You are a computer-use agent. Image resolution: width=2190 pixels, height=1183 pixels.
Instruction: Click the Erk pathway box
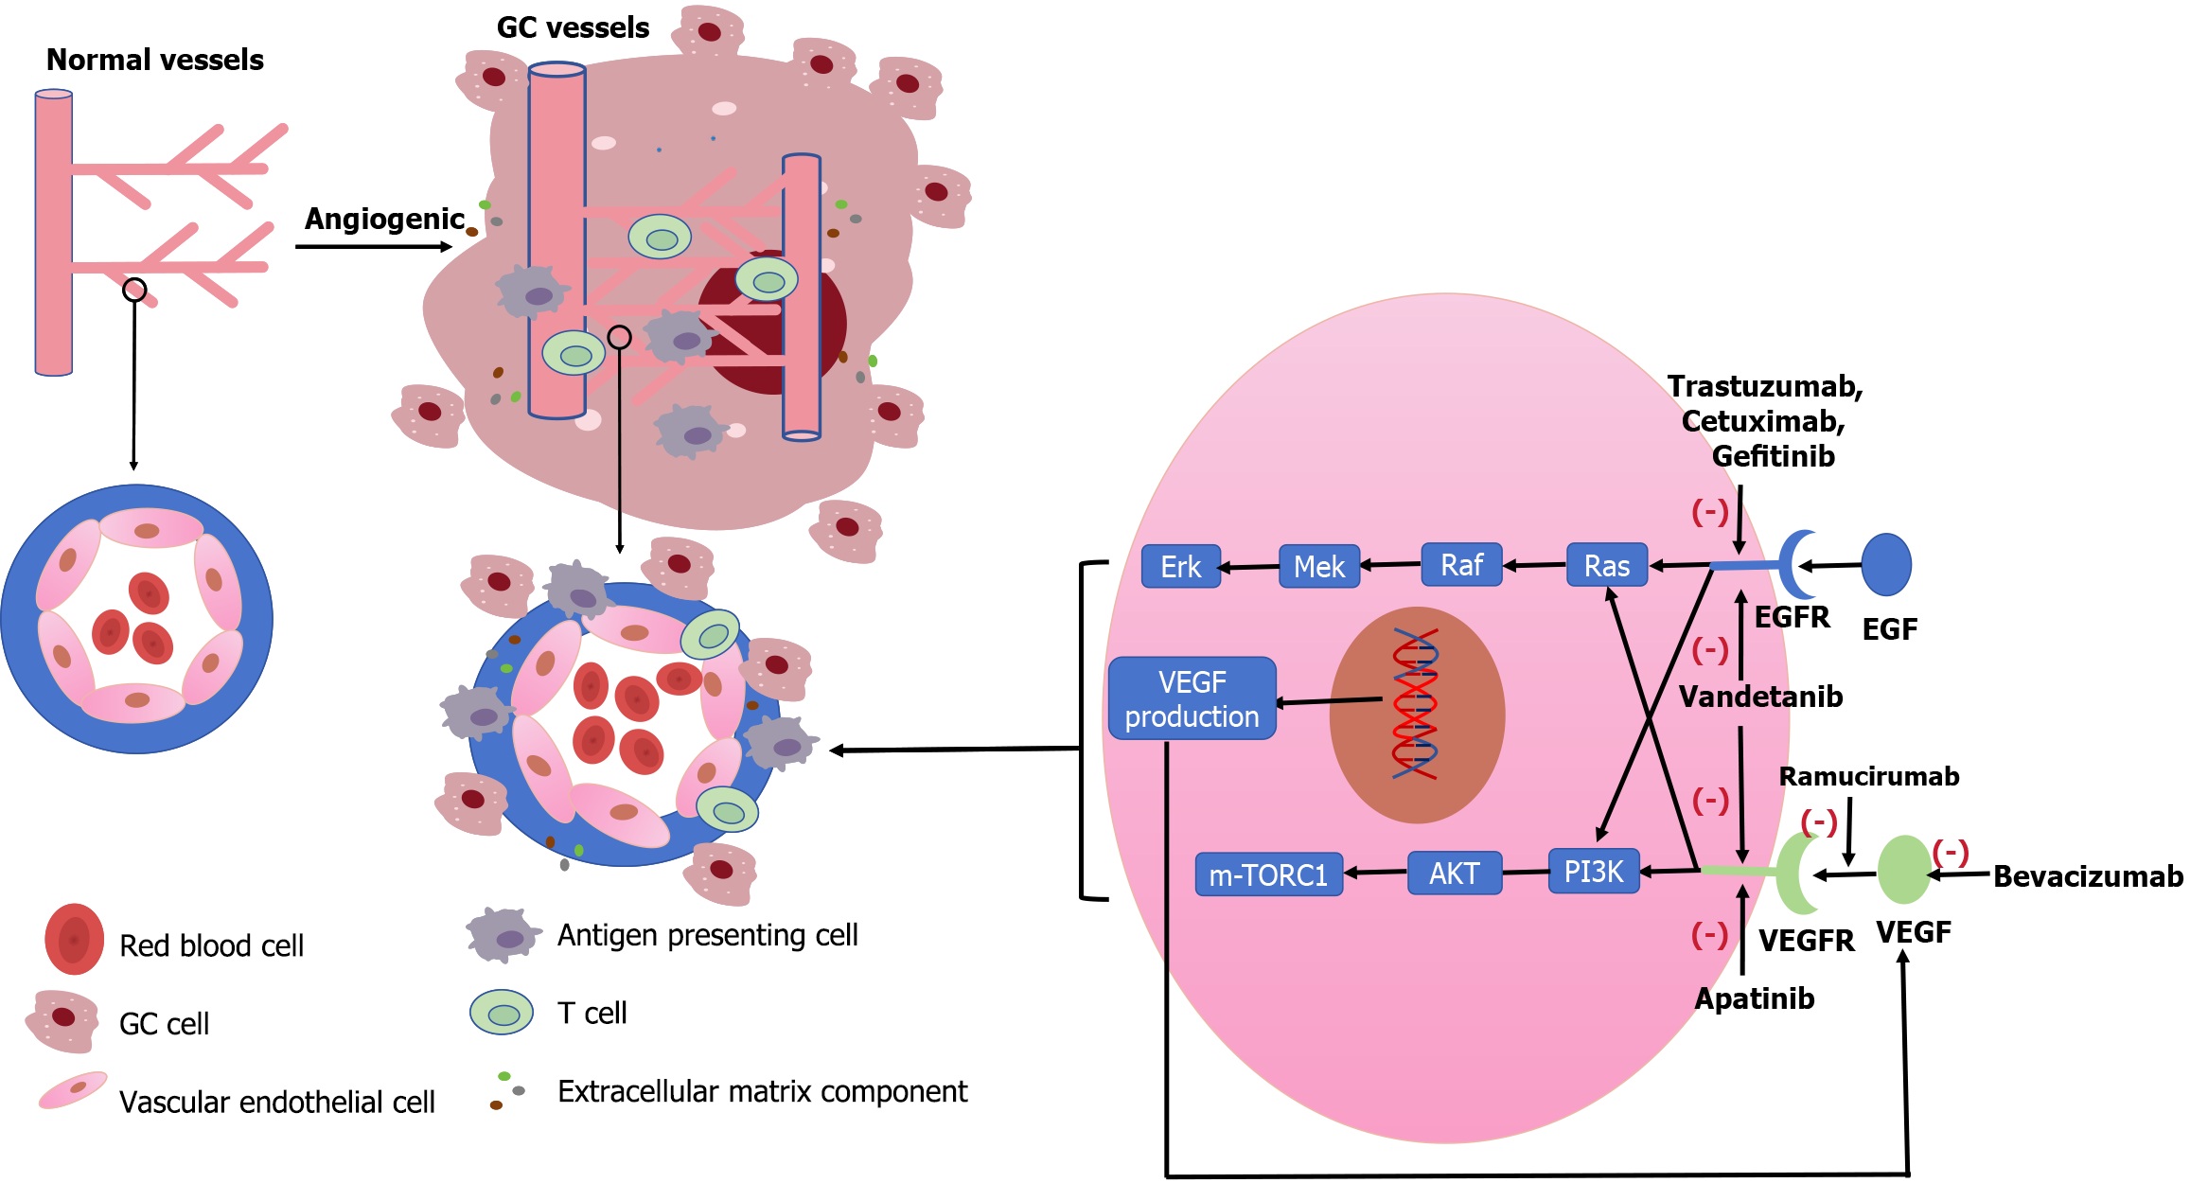[x=1181, y=566]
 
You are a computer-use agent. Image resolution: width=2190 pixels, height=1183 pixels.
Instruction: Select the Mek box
[x=1319, y=566]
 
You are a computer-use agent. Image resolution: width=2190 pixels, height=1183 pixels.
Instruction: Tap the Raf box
[x=1461, y=564]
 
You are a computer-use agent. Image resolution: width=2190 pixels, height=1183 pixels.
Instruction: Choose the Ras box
[x=1607, y=565]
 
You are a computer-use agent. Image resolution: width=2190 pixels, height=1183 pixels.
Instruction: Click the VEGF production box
[x=1192, y=698]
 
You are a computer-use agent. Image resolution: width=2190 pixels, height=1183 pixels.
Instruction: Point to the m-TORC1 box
[x=1269, y=874]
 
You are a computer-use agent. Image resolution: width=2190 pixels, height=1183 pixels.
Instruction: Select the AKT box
[x=1455, y=873]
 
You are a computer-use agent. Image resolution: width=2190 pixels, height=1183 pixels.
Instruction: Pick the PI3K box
[x=1594, y=871]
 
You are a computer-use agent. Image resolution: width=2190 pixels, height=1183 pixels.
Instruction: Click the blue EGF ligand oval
[x=1886, y=564]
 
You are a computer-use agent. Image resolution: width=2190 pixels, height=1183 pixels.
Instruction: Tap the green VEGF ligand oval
[x=1904, y=870]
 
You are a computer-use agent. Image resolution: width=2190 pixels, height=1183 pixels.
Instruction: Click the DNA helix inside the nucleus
[x=1415, y=703]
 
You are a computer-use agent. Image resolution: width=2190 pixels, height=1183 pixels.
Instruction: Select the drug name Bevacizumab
[x=2089, y=876]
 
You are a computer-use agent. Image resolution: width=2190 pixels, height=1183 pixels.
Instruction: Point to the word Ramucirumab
[x=1869, y=776]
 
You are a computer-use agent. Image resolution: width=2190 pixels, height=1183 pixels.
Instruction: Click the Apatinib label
[x=1755, y=998]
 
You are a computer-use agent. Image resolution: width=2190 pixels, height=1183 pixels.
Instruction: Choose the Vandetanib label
[x=1760, y=697]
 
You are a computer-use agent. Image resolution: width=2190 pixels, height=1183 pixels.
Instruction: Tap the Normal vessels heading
[x=155, y=60]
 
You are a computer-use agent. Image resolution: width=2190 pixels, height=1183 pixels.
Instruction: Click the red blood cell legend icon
[x=75, y=939]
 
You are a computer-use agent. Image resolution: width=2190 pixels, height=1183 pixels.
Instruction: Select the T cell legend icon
[x=502, y=1013]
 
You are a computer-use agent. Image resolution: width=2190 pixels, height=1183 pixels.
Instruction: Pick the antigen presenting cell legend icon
[x=503, y=935]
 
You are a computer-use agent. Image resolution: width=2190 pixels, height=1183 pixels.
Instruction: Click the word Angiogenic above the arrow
[x=385, y=220]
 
